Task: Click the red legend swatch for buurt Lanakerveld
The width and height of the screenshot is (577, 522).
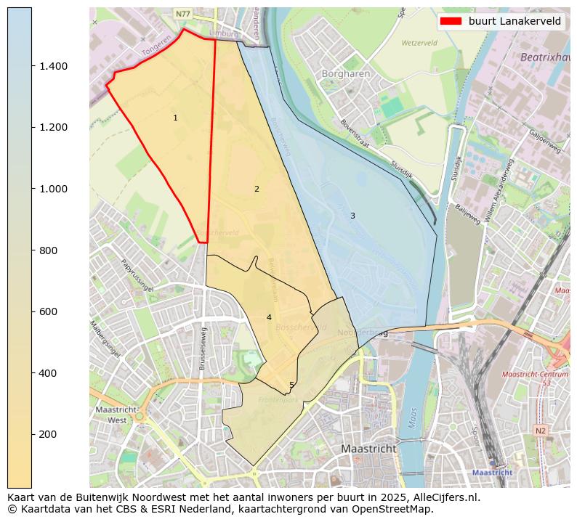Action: pyautogui.click(x=451, y=21)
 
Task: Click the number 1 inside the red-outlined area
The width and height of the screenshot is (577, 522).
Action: pyautogui.click(x=175, y=118)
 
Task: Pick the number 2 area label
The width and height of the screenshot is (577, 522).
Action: pyautogui.click(x=257, y=189)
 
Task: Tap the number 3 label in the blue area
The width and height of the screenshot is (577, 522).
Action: pyautogui.click(x=352, y=216)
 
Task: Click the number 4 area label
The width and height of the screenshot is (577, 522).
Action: pyautogui.click(x=269, y=317)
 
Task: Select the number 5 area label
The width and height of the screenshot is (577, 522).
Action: pyautogui.click(x=291, y=386)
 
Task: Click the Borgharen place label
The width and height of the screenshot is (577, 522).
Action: pyautogui.click(x=346, y=74)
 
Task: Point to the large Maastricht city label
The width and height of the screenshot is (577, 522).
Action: pyautogui.click(x=369, y=449)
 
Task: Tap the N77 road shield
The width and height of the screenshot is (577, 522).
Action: pyautogui.click(x=182, y=14)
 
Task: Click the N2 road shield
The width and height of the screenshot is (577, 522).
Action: pyautogui.click(x=540, y=431)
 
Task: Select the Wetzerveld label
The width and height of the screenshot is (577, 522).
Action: pyautogui.click(x=420, y=43)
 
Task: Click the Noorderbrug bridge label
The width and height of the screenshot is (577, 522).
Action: pyautogui.click(x=363, y=333)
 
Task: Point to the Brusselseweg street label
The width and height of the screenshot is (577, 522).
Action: pyautogui.click(x=203, y=348)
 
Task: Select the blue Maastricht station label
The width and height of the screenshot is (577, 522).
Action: pyautogui.click(x=492, y=472)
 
